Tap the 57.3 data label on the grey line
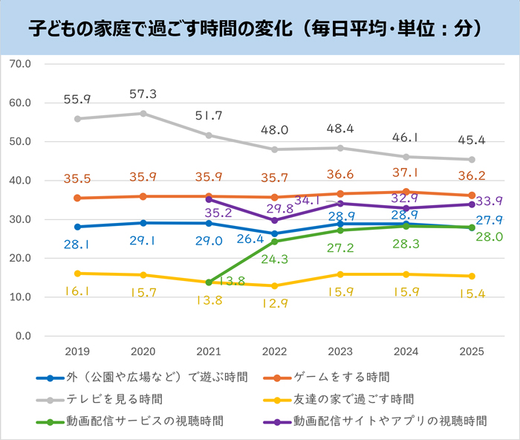click(143, 94)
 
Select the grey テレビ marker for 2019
click(77, 118)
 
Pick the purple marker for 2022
click(275, 220)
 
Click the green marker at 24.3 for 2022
click(275, 242)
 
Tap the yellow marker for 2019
click(77, 274)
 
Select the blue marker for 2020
click(143, 223)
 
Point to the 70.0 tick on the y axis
click(22, 64)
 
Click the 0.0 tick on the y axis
click(25, 336)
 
